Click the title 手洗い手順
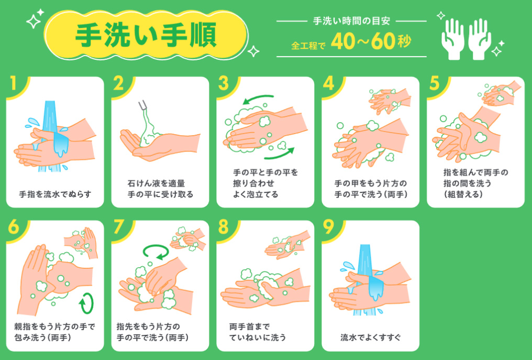tap(146, 35)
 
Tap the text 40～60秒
tap(371, 41)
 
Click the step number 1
tap(13, 83)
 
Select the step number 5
tap(435, 83)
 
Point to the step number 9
tap(328, 227)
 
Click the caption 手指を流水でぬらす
tap(55, 194)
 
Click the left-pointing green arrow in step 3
tap(258, 99)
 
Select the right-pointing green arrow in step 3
tap(280, 154)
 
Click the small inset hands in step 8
tap(287, 245)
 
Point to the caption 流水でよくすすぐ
tap(371, 337)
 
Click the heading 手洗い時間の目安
tap(351, 21)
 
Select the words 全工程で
tap(308, 45)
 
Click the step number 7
tap(118, 227)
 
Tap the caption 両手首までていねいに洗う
tap(258, 332)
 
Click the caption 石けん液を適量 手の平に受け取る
tap(160, 189)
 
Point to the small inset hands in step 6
tap(81, 243)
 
